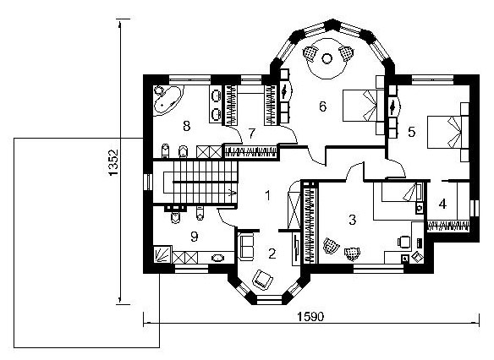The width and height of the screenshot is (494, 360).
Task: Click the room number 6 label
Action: tap(322, 106)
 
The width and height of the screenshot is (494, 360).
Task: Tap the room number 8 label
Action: tap(187, 126)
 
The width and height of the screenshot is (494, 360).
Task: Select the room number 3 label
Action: tap(352, 220)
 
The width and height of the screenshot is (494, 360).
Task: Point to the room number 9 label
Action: tap(195, 237)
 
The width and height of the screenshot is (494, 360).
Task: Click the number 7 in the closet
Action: tap(251, 134)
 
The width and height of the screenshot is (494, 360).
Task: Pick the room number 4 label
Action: tap(442, 205)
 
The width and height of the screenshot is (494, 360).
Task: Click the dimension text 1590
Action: tap(310, 317)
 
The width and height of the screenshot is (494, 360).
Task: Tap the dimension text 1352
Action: tap(113, 162)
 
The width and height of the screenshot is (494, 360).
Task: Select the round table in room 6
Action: tap(327, 58)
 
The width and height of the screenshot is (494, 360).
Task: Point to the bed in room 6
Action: tap(363, 106)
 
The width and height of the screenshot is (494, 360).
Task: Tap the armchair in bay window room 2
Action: tap(263, 280)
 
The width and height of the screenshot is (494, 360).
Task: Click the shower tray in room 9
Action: tap(162, 254)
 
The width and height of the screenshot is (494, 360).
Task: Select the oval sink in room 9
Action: tap(217, 258)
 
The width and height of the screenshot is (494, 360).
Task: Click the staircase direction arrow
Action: tap(232, 193)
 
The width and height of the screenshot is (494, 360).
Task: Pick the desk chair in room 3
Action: tap(403, 242)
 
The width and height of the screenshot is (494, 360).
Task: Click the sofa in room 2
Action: tap(246, 247)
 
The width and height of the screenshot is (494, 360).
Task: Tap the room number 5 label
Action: tap(412, 132)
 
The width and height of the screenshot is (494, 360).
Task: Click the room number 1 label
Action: tap(268, 196)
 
